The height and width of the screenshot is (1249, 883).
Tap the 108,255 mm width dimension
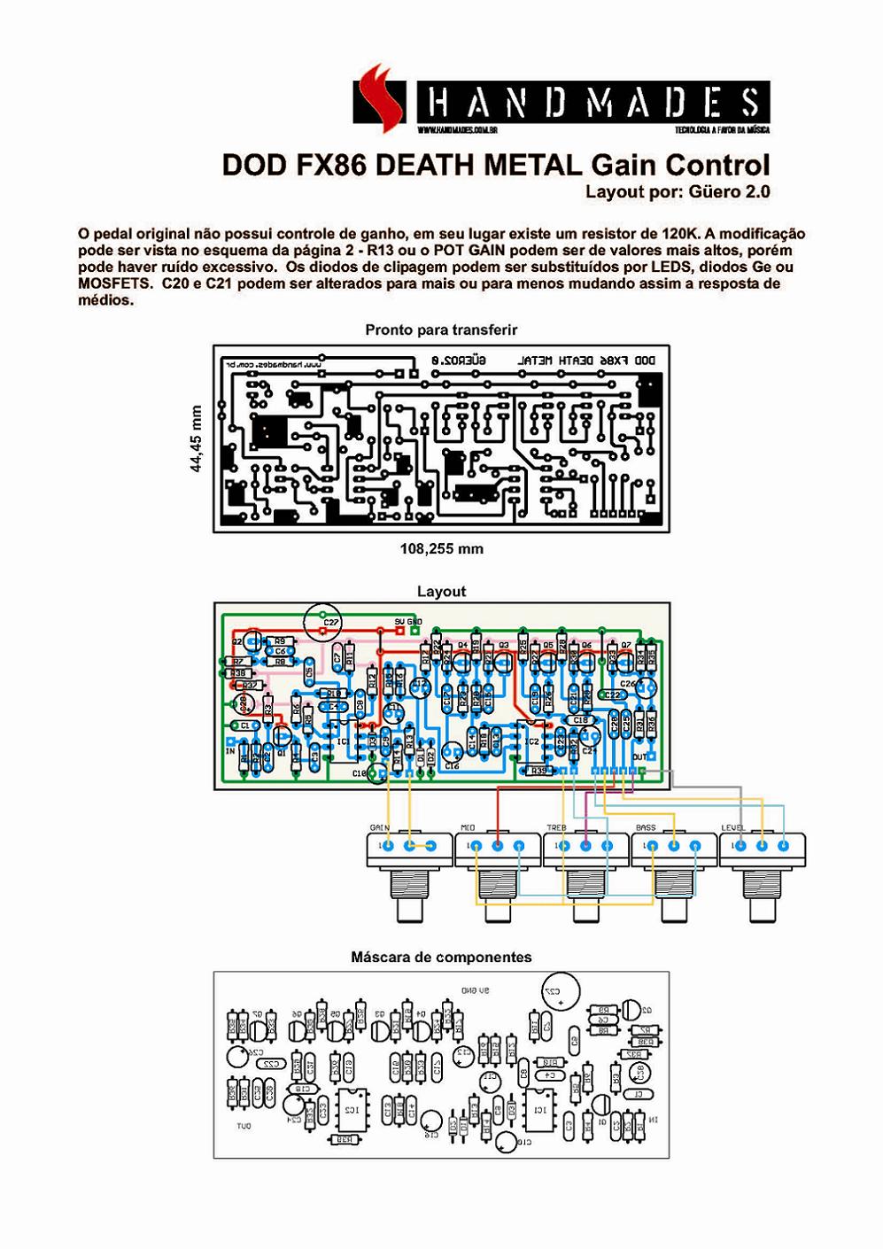[x=441, y=549]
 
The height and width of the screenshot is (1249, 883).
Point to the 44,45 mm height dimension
[x=197, y=438]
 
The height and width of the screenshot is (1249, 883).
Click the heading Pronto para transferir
[x=441, y=330]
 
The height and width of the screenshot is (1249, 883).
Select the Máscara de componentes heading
[x=441, y=957]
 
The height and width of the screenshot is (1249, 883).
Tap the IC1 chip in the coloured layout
[x=345, y=742]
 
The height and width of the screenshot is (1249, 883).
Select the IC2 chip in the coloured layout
[x=531, y=742]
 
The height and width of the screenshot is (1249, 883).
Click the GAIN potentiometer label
[x=379, y=827]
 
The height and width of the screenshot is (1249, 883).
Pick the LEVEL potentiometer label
[x=732, y=827]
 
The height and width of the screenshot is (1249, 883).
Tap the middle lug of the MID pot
[x=497, y=846]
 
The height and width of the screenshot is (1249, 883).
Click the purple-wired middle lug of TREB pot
[x=585, y=846]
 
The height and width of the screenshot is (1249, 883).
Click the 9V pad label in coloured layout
[x=399, y=622]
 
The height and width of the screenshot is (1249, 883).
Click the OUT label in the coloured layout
[x=639, y=757]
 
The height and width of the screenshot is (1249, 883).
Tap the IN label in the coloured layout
[x=230, y=751]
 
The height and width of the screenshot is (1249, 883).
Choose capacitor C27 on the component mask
[x=558, y=994]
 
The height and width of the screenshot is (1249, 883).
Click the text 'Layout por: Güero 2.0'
[x=677, y=191]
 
